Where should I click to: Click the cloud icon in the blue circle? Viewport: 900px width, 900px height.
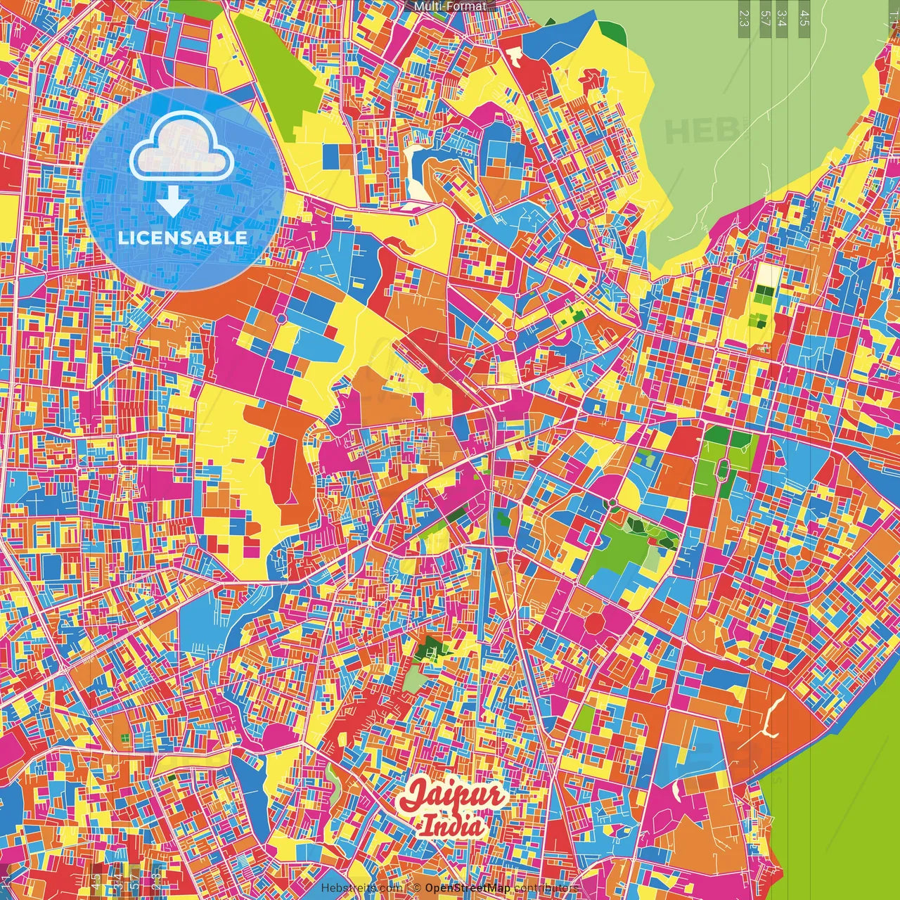(x=181, y=153)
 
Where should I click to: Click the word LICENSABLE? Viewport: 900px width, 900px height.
(x=183, y=238)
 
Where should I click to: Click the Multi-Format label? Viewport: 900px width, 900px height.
(x=450, y=6)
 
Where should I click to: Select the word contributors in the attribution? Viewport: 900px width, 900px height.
(x=546, y=888)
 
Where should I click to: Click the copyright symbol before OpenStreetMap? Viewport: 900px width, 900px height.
(x=417, y=888)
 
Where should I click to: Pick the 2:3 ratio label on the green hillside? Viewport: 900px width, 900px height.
(x=744, y=18)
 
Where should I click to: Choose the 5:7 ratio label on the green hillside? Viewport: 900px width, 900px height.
(x=765, y=18)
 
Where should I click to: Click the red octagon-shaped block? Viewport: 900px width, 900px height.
(x=595, y=623)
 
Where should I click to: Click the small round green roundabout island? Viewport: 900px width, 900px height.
(x=612, y=502)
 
